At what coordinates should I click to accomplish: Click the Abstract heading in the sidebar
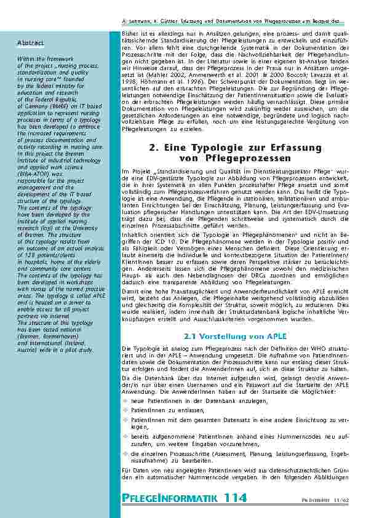click(x=30, y=43)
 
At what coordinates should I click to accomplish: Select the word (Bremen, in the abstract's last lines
click(x=32, y=337)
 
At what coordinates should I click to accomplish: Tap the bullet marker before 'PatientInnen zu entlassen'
click(x=125, y=408)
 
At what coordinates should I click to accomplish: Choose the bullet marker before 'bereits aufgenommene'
click(x=125, y=435)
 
